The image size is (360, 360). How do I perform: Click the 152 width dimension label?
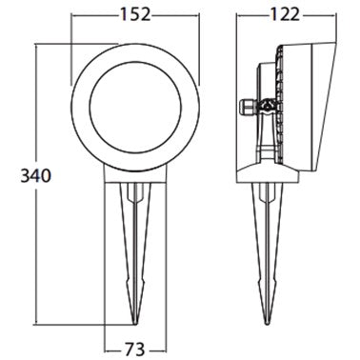[135, 14]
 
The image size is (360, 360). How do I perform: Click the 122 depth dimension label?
[285, 14]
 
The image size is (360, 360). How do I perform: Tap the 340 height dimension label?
[35, 175]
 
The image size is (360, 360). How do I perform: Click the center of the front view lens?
[135, 108]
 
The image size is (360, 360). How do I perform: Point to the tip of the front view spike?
[135, 324]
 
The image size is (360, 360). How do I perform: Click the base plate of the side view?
[269, 175]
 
